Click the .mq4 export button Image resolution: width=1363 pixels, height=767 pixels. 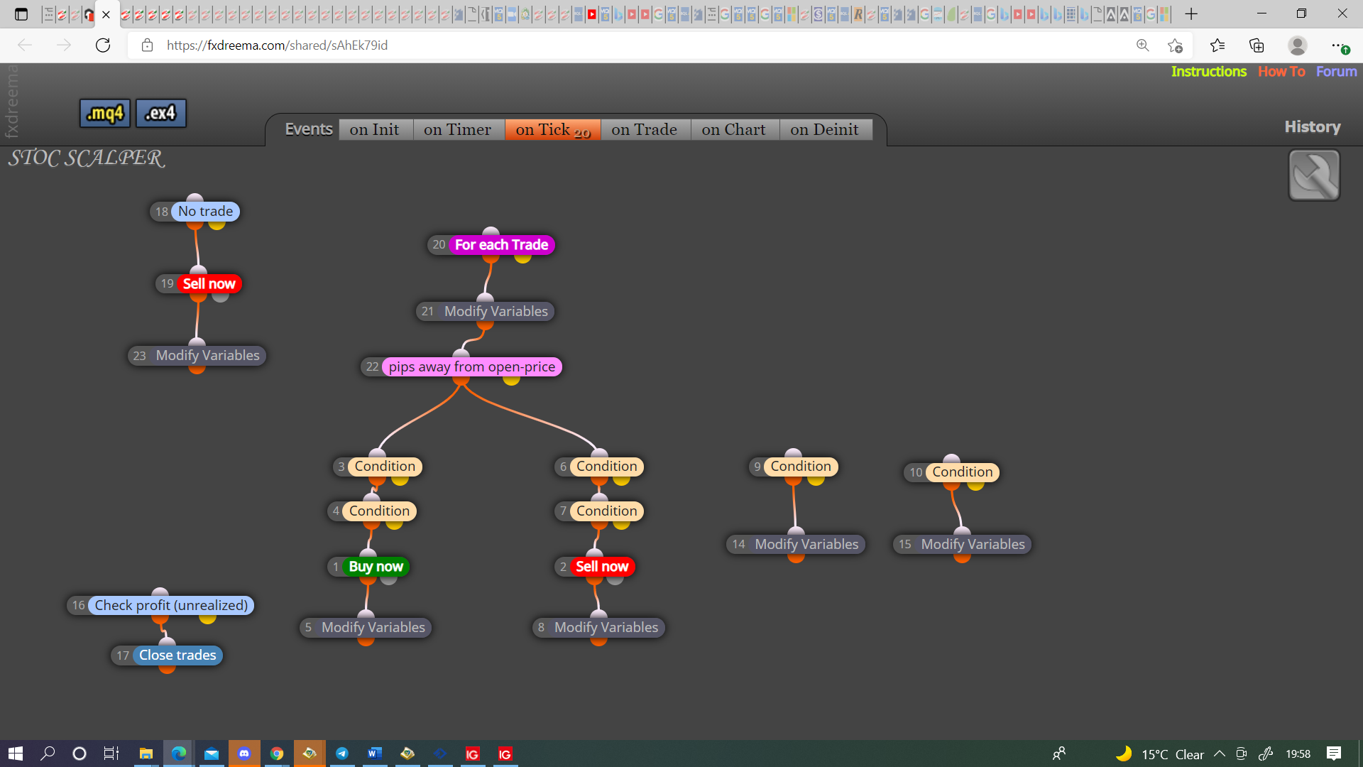(104, 113)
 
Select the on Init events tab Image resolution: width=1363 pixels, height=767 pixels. (374, 129)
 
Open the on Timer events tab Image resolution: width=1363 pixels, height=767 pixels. (457, 129)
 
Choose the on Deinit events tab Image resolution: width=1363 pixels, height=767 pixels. (824, 129)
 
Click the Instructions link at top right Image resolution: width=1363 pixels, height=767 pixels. (1208, 71)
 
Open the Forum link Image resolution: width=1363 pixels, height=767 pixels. (1336, 71)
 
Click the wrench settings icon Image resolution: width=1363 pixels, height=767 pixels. (1314, 175)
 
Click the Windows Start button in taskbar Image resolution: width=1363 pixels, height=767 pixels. (16, 754)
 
